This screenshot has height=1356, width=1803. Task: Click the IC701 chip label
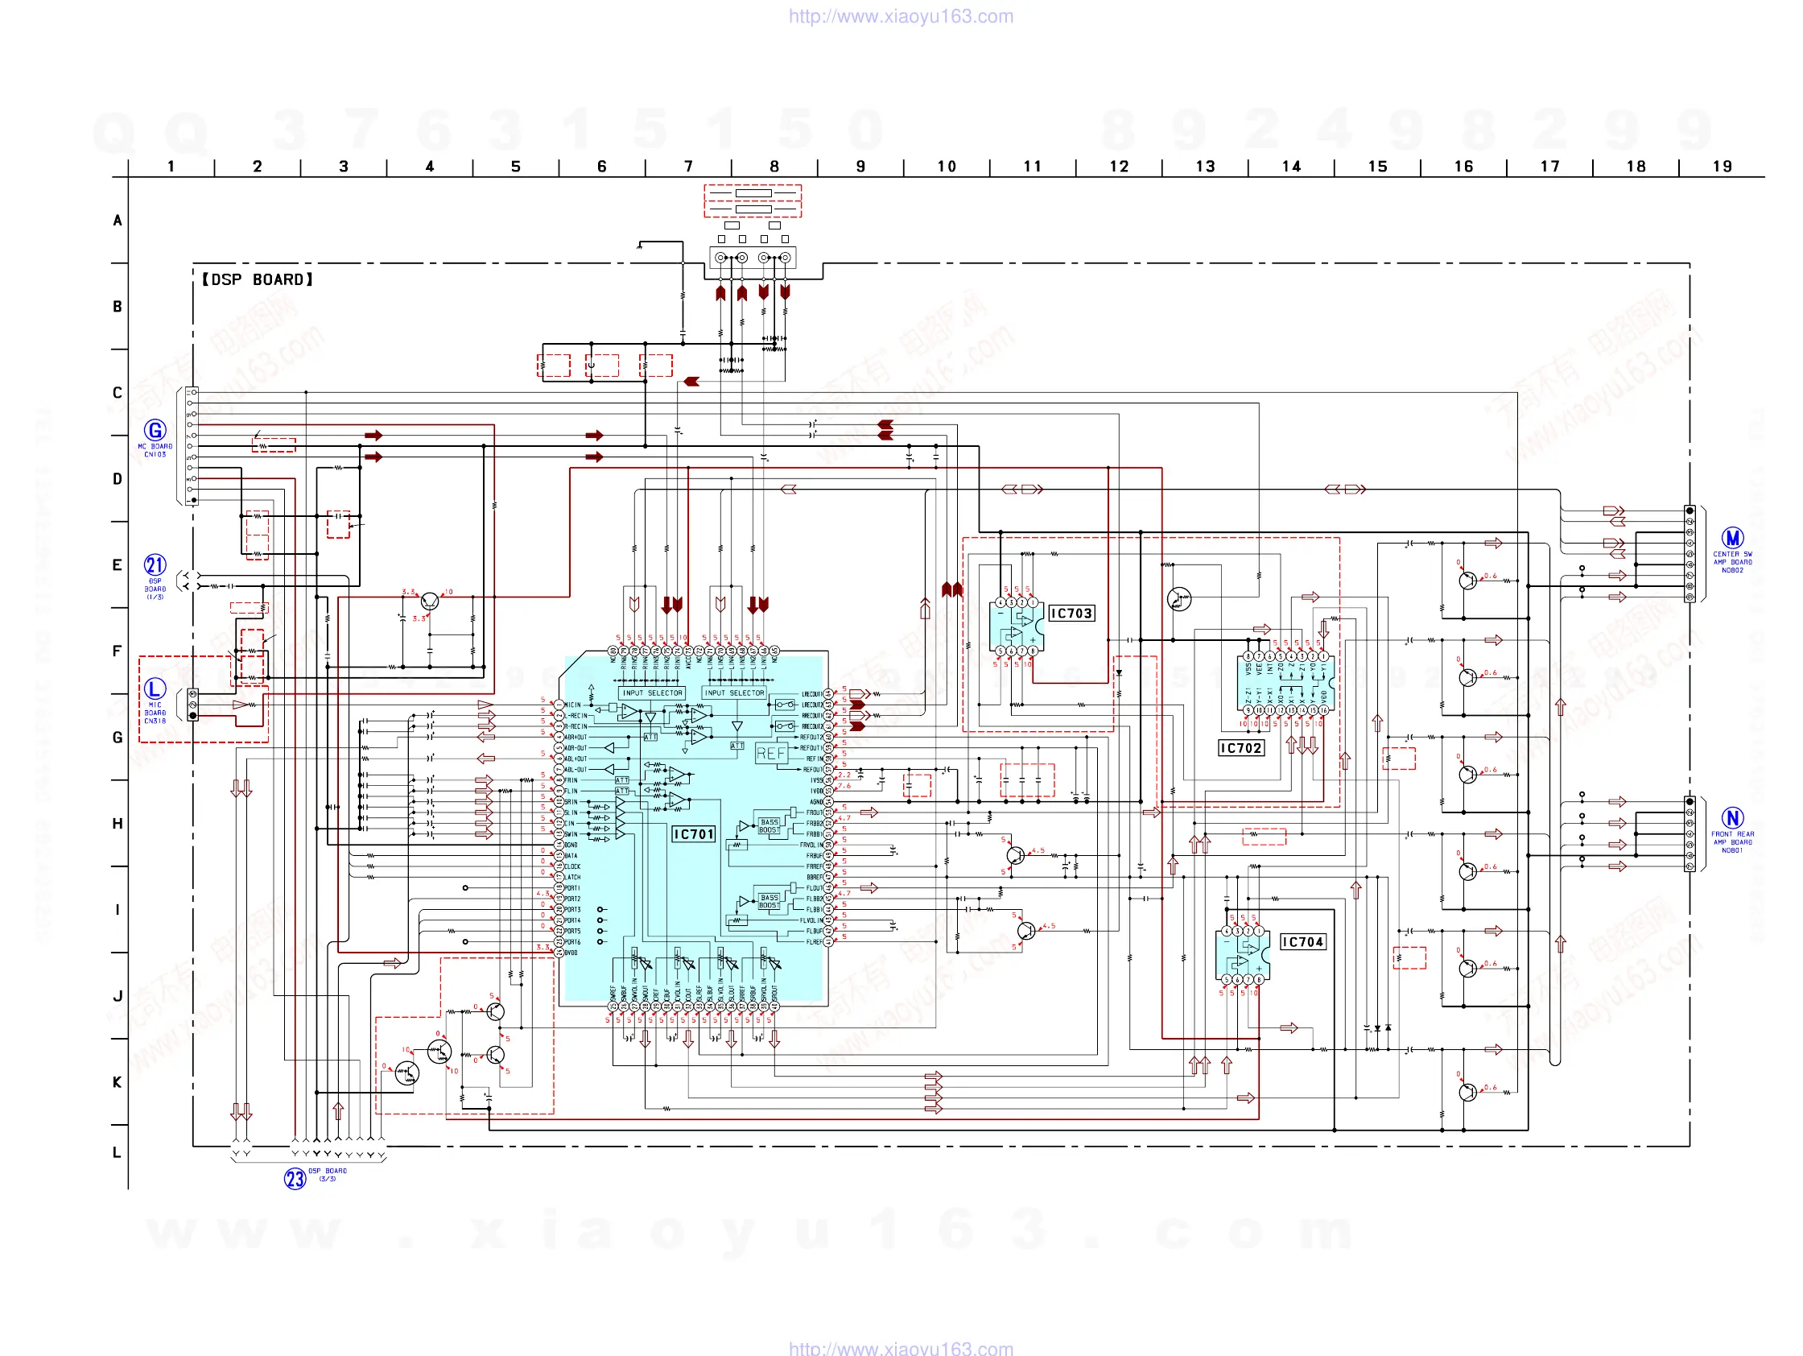694,834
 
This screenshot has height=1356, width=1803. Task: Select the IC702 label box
1240,748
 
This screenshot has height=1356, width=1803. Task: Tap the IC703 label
1071,613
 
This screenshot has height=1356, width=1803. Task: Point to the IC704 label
1302,942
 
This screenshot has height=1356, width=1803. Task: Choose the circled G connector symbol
155,430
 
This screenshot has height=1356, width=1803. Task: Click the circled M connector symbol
1732,538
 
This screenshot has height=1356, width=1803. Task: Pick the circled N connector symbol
1732,818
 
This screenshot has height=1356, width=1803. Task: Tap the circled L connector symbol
155,688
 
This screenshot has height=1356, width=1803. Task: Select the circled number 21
155,564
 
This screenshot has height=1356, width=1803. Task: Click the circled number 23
295,1178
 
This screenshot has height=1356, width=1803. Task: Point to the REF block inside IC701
771,754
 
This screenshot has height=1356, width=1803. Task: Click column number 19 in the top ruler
1722,167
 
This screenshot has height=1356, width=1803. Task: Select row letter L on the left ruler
118,1152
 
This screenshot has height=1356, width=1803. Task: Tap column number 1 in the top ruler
171,167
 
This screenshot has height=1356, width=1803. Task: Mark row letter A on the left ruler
118,220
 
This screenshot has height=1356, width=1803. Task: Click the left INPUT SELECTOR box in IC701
652,693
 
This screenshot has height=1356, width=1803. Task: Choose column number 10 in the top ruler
947,167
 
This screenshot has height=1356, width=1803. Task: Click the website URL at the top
901,16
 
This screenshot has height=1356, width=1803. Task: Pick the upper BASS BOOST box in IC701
769,826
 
